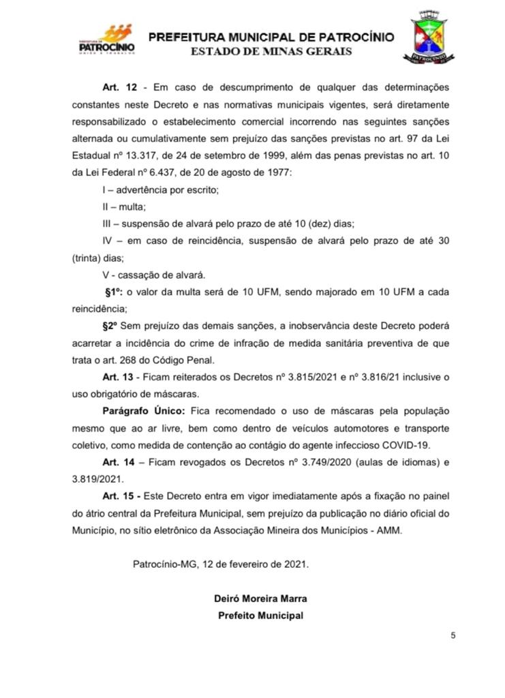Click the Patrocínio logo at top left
tap(107, 40)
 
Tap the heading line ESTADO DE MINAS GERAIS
tap(271, 52)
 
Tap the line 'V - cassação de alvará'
tap(147, 275)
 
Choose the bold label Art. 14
tap(116, 463)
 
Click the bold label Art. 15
tap(116, 497)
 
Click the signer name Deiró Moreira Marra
tap(260, 598)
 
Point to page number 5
tap(453, 635)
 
